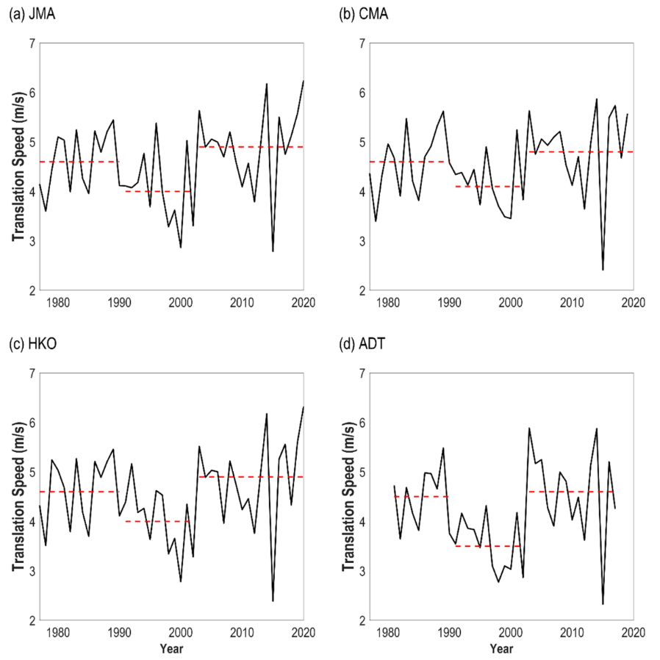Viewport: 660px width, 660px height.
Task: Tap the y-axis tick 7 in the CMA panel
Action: [x=362, y=43]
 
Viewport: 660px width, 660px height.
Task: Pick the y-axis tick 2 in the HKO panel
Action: [x=31, y=620]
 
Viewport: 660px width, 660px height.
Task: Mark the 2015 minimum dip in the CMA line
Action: [x=603, y=270]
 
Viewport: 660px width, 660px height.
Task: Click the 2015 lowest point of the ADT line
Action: [x=603, y=604]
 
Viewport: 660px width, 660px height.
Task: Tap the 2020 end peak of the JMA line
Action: [x=303, y=81]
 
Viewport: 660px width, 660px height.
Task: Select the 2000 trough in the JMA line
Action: [x=181, y=247]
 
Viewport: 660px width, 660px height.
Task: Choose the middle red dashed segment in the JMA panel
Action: [x=159, y=191]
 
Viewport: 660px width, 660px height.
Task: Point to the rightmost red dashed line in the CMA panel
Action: [x=581, y=151]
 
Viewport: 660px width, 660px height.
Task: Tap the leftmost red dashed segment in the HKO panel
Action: [x=79, y=491]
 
